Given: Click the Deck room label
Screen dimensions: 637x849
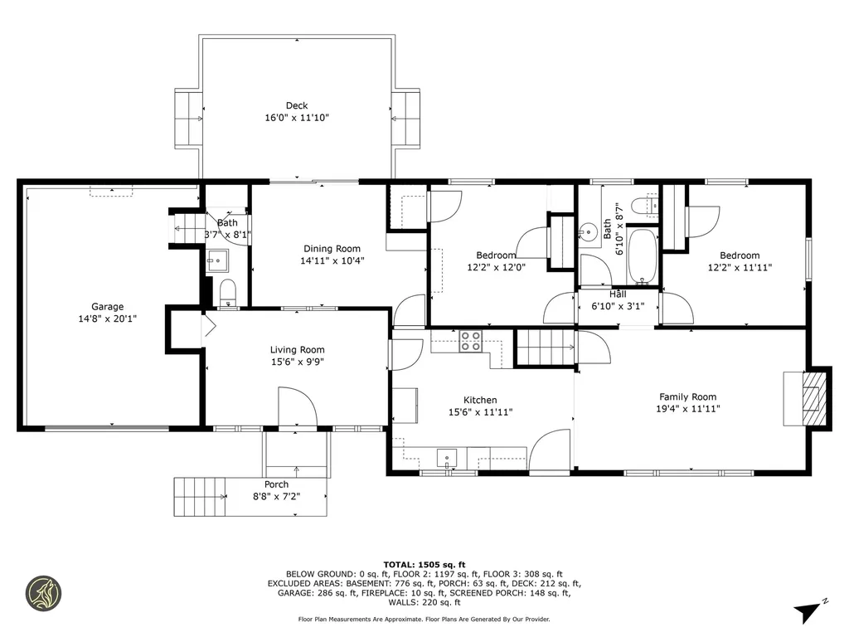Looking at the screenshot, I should point(297,105).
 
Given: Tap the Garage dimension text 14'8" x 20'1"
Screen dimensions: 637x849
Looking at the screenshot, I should point(107,318).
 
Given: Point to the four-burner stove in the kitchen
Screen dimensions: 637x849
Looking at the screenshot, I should point(471,340).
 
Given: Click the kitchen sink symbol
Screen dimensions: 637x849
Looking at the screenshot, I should point(447,457).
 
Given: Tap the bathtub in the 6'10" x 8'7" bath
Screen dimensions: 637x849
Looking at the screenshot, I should point(642,257).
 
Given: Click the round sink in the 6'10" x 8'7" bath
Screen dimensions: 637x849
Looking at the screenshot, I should point(589,231).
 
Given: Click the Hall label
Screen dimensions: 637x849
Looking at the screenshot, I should point(618,294).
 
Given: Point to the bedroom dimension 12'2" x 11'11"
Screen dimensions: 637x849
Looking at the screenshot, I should point(739,268).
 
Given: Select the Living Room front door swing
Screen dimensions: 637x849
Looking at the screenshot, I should point(297,409).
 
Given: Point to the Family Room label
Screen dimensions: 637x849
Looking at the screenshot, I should point(687,396).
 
